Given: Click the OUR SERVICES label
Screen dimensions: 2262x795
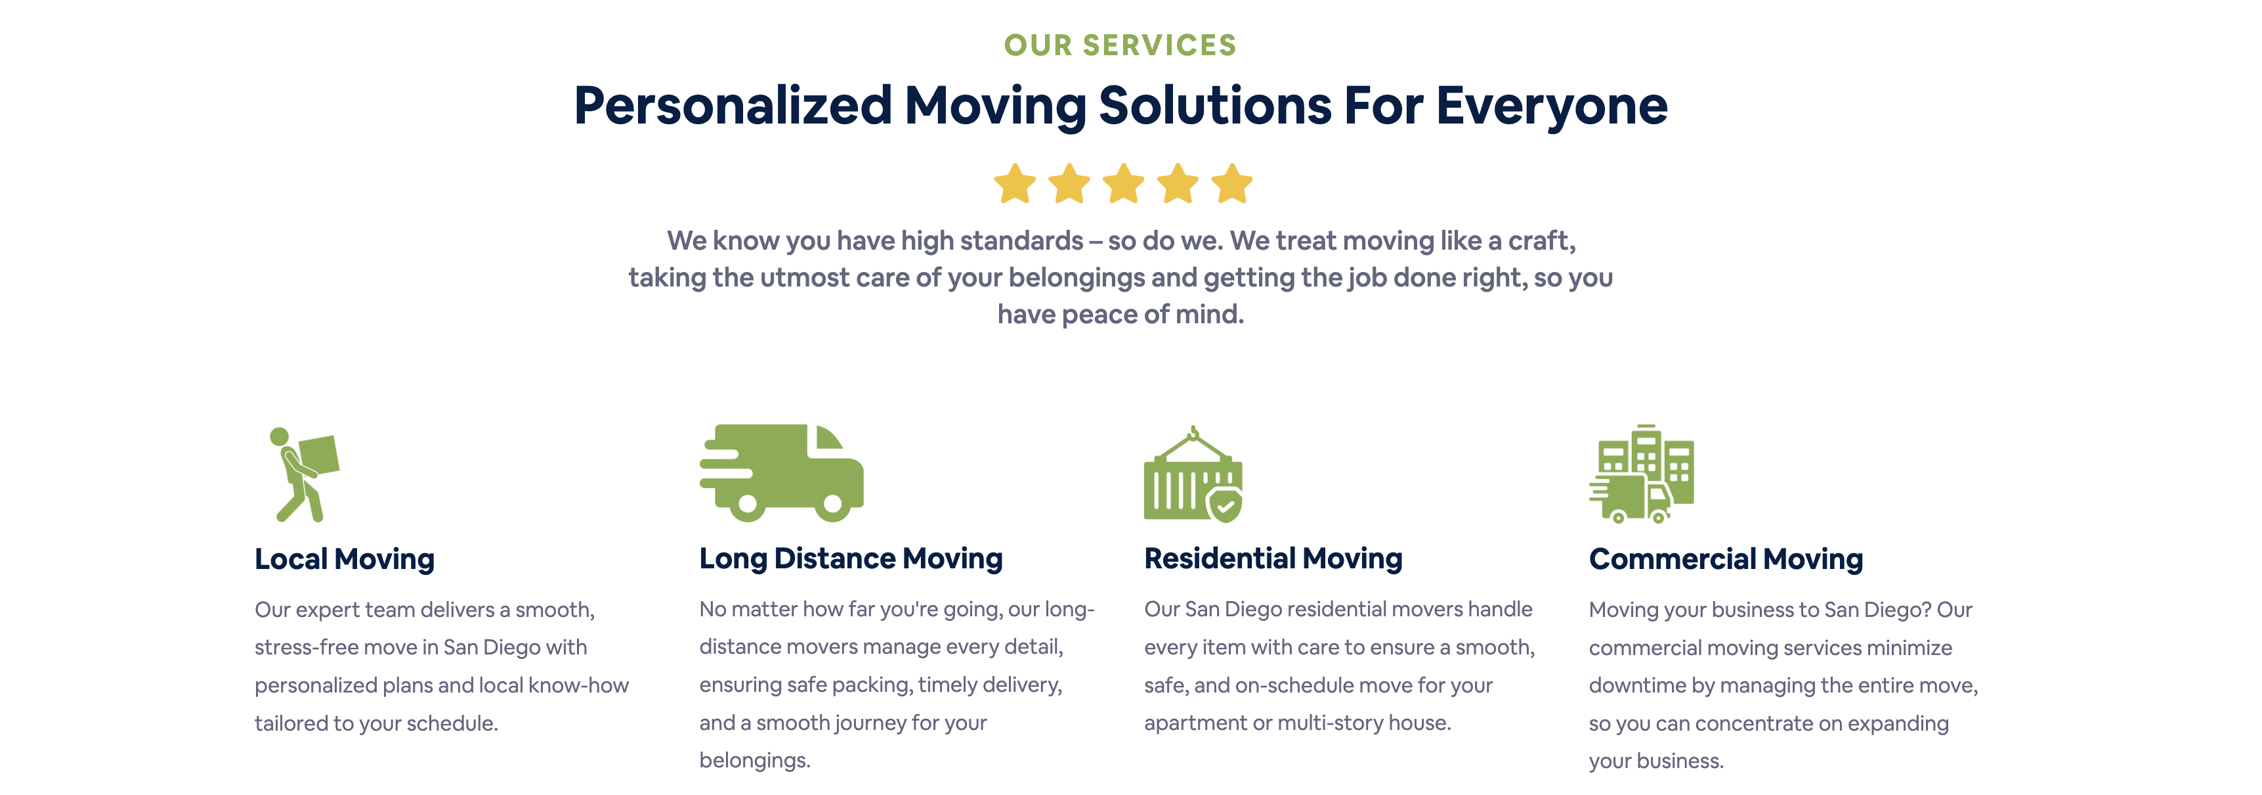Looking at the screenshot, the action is (x=1120, y=45).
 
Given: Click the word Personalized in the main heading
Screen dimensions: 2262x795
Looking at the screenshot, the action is (x=733, y=107).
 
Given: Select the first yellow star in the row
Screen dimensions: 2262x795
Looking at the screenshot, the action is (x=1015, y=183).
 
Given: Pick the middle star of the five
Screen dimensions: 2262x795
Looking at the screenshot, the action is (x=1123, y=183).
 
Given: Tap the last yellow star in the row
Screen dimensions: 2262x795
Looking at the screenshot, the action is (x=1232, y=183).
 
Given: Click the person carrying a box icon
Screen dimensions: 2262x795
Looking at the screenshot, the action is (x=304, y=474).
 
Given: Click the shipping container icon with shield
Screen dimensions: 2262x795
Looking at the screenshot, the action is (x=1193, y=474).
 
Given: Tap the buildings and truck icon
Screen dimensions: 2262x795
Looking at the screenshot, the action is (x=1641, y=474).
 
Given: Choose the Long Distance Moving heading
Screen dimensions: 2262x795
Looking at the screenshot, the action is (x=851, y=558).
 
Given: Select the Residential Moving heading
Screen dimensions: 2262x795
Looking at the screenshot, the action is (x=1273, y=558).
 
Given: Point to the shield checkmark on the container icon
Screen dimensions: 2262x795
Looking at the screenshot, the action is (x=1225, y=505).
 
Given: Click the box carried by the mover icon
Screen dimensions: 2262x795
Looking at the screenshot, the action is (x=320, y=455).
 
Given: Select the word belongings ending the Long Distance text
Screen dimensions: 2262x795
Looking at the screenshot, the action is (x=754, y=761).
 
